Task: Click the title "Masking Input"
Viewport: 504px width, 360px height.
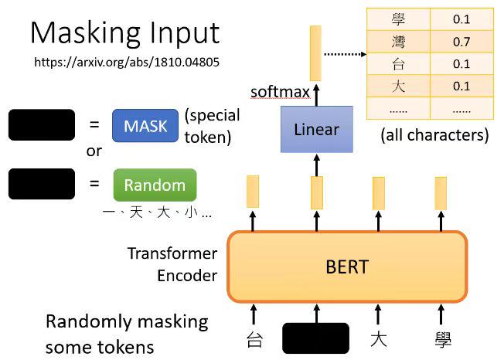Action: pyautogui.click(x=124, y=32)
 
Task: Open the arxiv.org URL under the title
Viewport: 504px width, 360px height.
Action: pyautogui.click(x=127, y=61)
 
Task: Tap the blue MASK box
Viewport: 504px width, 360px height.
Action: pyautogui.click(x=145, y=125)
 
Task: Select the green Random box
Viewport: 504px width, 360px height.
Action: pyautogui.click(x=155, y=185)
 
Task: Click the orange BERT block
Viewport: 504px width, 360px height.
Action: pyautogui.click(x=347, y=267)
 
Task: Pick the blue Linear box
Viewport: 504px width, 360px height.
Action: pyautogui.click(x=316, y=129)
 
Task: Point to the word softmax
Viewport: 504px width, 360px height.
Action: pyautogui.click(x=279, y=92)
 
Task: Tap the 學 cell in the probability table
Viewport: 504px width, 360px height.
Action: pyautogui.click(x=399, y=19)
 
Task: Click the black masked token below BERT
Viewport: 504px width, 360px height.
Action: pyautogui.click(x=315, y=338)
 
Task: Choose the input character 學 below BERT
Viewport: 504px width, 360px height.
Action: pyautogui.click(x=442, y=338)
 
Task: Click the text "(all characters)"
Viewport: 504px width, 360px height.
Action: pyautogui.click(x=434, y=136)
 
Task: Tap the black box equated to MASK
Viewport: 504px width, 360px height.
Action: pyautogui.click(x=42, y=125)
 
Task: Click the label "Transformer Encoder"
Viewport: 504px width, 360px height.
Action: pyautogui.click(x=172, y=264)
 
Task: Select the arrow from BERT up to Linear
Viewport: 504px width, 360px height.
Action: pyautogui.click(x=316, y=165)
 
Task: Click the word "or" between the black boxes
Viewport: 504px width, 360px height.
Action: pyautogui.click(x=94, y=152)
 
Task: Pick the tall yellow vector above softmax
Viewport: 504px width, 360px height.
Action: pyautogui.click(x=315, y=53)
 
